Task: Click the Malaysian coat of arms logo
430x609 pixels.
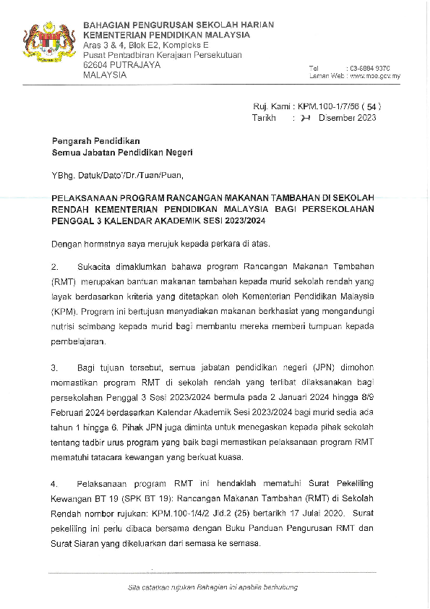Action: [49, 45]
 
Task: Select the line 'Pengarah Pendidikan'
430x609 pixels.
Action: [95, 141]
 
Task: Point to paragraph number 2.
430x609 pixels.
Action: [55, 265]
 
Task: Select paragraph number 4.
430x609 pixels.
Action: [55, 482]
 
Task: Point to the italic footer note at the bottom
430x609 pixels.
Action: [212, 587]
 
